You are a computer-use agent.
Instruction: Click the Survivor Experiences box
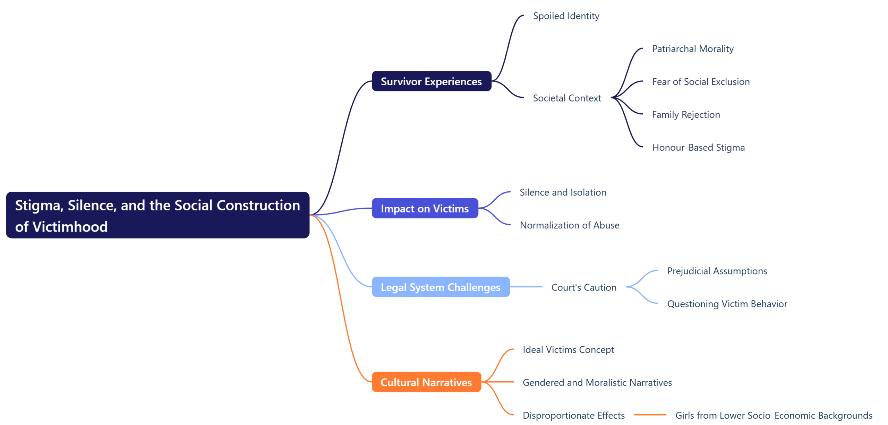tap(431, 81)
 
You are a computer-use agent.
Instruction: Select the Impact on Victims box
tap(425, 208)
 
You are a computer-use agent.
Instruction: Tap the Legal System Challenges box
tap(441, 287)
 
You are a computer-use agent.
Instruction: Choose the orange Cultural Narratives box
tap(426, 382)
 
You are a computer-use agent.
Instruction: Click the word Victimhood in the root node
tap(70, 227)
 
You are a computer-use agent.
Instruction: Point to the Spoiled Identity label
tap(566, 16)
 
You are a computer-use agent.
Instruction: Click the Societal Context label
tap(567, 98)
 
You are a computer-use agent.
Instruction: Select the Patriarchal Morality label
tap(692, 49)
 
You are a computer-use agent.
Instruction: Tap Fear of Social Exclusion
tap(701, 82)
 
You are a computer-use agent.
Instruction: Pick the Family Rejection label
tap(686, 115)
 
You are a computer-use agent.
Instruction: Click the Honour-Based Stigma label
tap(698, 148)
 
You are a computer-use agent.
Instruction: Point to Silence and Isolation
tap(563, 192)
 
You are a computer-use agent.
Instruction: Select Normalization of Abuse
tap(569, 225)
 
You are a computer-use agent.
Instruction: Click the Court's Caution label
tap(584, 287)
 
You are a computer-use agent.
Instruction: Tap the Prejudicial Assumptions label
tap(717, 271)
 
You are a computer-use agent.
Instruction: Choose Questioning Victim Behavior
tap(727, 304)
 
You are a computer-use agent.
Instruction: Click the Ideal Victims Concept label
tap(568, 349)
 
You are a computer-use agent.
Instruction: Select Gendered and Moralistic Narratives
tap(597, 382)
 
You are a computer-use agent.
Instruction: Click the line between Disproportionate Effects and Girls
tap(650, 415)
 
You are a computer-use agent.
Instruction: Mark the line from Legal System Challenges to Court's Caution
tap(526, 287)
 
